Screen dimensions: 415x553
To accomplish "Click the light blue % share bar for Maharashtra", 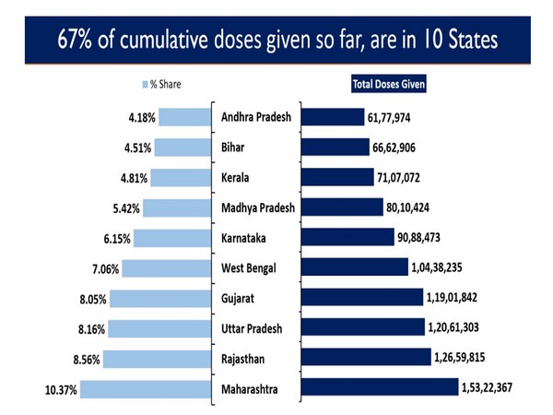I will pos(148,389).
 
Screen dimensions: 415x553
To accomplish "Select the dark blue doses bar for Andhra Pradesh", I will pos(333,117).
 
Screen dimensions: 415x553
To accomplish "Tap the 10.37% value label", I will pos(60,390).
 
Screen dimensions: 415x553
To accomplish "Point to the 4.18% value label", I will pos(142,117).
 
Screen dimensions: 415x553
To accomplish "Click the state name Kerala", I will pos(239,177).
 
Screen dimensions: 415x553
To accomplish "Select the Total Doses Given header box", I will pos(394,86).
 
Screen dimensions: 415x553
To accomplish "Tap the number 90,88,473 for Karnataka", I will pos(426,238).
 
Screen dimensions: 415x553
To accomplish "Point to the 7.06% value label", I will pos(104,268).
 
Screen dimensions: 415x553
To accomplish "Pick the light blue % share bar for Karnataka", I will pos(172,238).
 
